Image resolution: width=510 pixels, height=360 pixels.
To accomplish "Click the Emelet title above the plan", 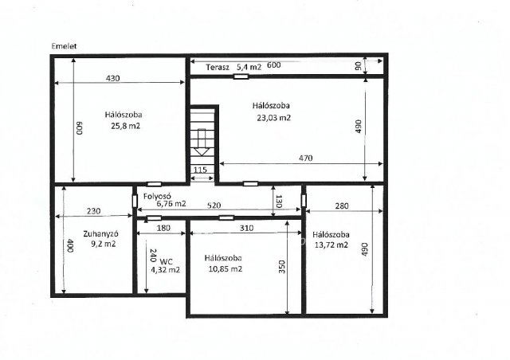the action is pos(64,46).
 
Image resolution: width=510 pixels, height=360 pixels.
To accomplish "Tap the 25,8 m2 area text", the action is pos(126,126).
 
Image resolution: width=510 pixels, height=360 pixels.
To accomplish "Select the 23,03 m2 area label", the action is pos(273,118).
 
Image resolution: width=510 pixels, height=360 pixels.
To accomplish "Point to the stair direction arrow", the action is pos(202,142).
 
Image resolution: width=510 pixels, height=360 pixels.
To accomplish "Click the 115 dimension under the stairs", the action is pos(200,170).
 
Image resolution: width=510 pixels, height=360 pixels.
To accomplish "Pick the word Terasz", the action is pos(218,68).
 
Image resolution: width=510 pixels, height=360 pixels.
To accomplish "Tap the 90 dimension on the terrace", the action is pos(358,66).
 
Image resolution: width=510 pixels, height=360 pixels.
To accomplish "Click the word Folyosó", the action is pos(157,197).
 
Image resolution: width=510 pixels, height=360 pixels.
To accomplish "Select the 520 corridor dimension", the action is pos(214,205).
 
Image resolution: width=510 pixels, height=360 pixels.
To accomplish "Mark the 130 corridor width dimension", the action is pos(279,202).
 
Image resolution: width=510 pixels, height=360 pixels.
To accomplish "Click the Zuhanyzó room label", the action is pos(100,234).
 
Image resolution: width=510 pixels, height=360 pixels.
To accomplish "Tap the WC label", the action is pos(167,262).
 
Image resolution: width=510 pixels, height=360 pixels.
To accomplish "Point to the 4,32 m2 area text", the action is pos(165,269).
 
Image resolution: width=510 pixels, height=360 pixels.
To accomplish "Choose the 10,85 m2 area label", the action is pos(225,269).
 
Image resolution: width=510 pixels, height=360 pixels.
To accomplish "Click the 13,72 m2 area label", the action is pos(331,245).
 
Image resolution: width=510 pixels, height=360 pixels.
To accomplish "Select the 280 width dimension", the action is pos(342,205).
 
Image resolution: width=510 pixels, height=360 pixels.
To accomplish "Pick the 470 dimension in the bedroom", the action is pos(306,158).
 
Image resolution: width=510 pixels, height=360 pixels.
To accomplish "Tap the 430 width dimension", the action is pos(113,78).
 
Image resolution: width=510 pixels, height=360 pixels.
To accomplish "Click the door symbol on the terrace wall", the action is pos(241,76).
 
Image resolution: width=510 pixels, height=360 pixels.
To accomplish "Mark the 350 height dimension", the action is pos(281,267).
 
